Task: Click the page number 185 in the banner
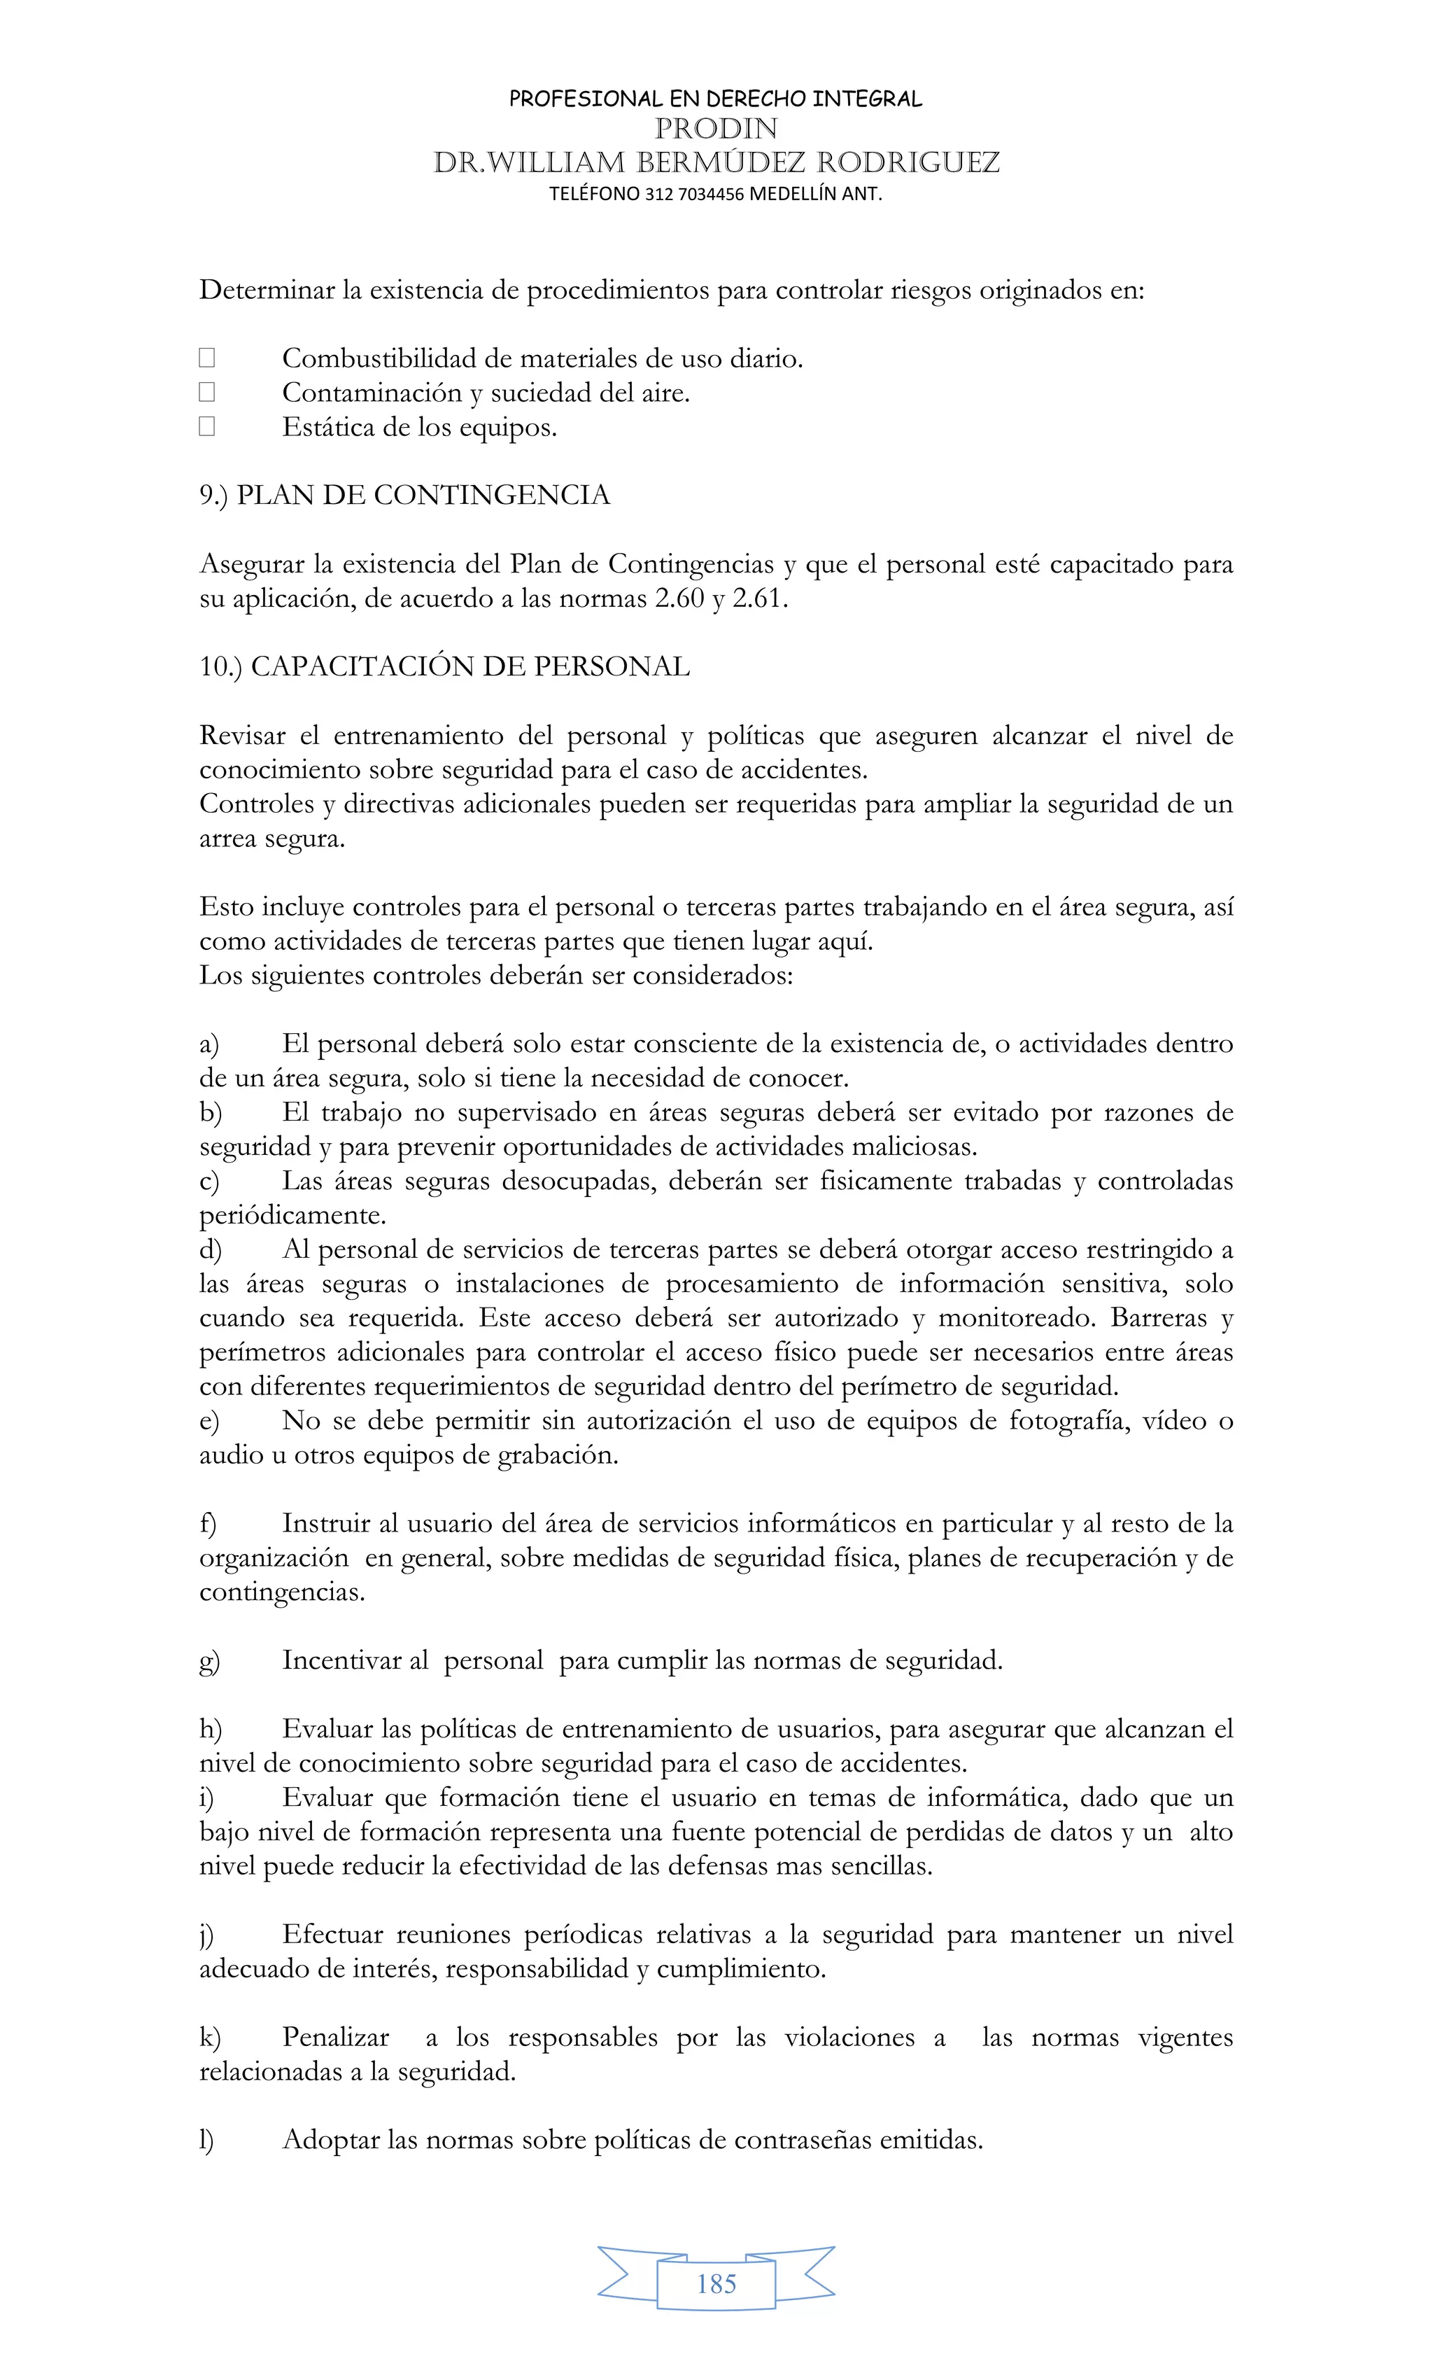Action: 716,2284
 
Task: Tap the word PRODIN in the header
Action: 716,128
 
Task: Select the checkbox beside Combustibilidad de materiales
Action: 207,358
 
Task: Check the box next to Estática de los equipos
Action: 207,426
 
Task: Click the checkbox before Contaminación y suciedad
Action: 207,392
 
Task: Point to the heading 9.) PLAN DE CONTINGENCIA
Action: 404,496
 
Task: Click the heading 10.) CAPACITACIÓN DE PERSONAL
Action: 444,667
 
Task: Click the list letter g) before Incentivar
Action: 209,1660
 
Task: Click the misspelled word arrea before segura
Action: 227,839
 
